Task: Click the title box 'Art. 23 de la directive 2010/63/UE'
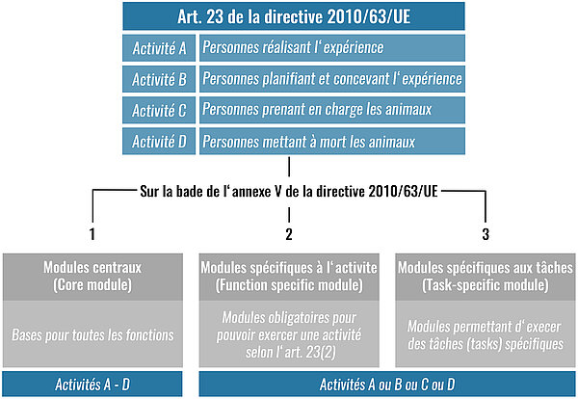click(294, 16)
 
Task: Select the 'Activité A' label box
click(159, 48)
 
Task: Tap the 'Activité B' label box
click(159, 79)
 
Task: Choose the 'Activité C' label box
click(159, 110)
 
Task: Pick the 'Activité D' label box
click(159, 142)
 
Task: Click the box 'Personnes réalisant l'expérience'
click(332, 48)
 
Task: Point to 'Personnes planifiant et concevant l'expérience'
click(332, 79)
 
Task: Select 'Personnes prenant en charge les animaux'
click(332, 110)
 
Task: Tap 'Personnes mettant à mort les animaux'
click(332, 142)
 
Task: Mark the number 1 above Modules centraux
click(92, 234)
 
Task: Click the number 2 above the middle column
click(289, 234)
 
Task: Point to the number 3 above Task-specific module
click(486, 234)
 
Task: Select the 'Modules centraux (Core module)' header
click(92, 277)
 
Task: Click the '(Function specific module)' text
click(289, 285)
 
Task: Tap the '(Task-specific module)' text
click(486, 285)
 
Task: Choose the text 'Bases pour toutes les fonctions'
click(92, 334)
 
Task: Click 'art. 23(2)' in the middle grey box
click(310, 352)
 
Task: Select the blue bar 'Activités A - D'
click(92, 385)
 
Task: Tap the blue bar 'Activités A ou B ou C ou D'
click(387, 385)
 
